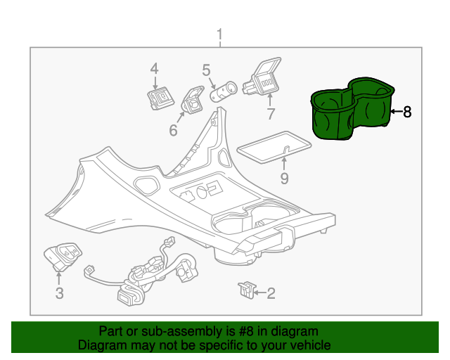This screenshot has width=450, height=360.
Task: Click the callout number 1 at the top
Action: click(x=219, y=34)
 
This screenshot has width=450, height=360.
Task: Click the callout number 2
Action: click(x=271, y=292)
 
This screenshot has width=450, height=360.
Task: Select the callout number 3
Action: click(x=59, y=293)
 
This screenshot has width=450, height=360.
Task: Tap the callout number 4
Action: click(x=154, y=68)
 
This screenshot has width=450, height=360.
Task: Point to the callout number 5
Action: click(x=206, y=70)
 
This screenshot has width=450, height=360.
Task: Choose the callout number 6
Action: click(x=173, y=130)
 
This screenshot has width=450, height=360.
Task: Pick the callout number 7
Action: click(x=271, y=114)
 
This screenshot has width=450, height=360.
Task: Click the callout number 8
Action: click(x=406, y=111)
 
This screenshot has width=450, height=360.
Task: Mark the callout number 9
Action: click(x=284, y=178)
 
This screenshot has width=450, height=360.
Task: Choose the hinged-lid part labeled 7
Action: click(x=262, y=79)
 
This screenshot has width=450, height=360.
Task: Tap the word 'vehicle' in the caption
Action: click(x=310, y=345)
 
